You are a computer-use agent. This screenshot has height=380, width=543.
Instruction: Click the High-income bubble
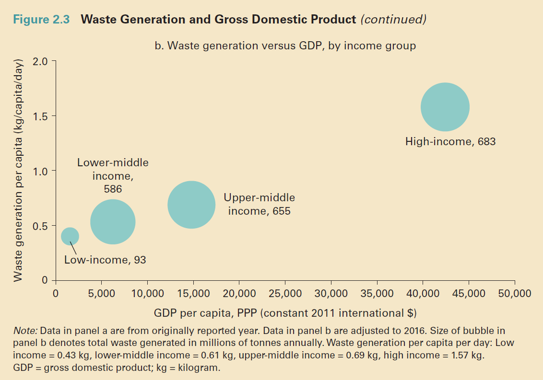(x=445, y=107)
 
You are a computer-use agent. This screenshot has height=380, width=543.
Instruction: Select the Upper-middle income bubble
(x=191, y=205)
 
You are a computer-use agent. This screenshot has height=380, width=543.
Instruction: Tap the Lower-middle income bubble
(x=113, y=222)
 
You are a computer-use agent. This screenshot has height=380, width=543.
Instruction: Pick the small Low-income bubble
(x=70, y=236)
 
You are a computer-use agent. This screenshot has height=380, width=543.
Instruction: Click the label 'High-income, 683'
(x=450, y=142)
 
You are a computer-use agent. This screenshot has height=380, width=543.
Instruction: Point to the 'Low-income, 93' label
(x=105, y=260)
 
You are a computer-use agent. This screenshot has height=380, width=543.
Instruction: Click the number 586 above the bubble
(x=113, y=189)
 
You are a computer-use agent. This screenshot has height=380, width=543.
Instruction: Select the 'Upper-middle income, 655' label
(x=259, y=204)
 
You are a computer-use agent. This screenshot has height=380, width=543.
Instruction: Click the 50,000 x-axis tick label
(x=514, y=294)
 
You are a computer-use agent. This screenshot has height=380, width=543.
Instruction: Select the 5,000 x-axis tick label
(x=102, y=294)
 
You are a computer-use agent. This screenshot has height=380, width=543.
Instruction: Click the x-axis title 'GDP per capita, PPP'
(x=285, y=313)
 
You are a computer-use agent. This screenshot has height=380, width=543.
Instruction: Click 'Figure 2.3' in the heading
(x=41, y=20)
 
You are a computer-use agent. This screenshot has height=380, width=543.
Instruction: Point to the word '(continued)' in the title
(x=393, y=20)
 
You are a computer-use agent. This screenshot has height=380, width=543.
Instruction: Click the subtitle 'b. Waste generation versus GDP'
(x=285, y=46)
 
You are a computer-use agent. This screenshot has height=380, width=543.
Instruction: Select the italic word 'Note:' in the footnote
(x=26, y=331)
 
